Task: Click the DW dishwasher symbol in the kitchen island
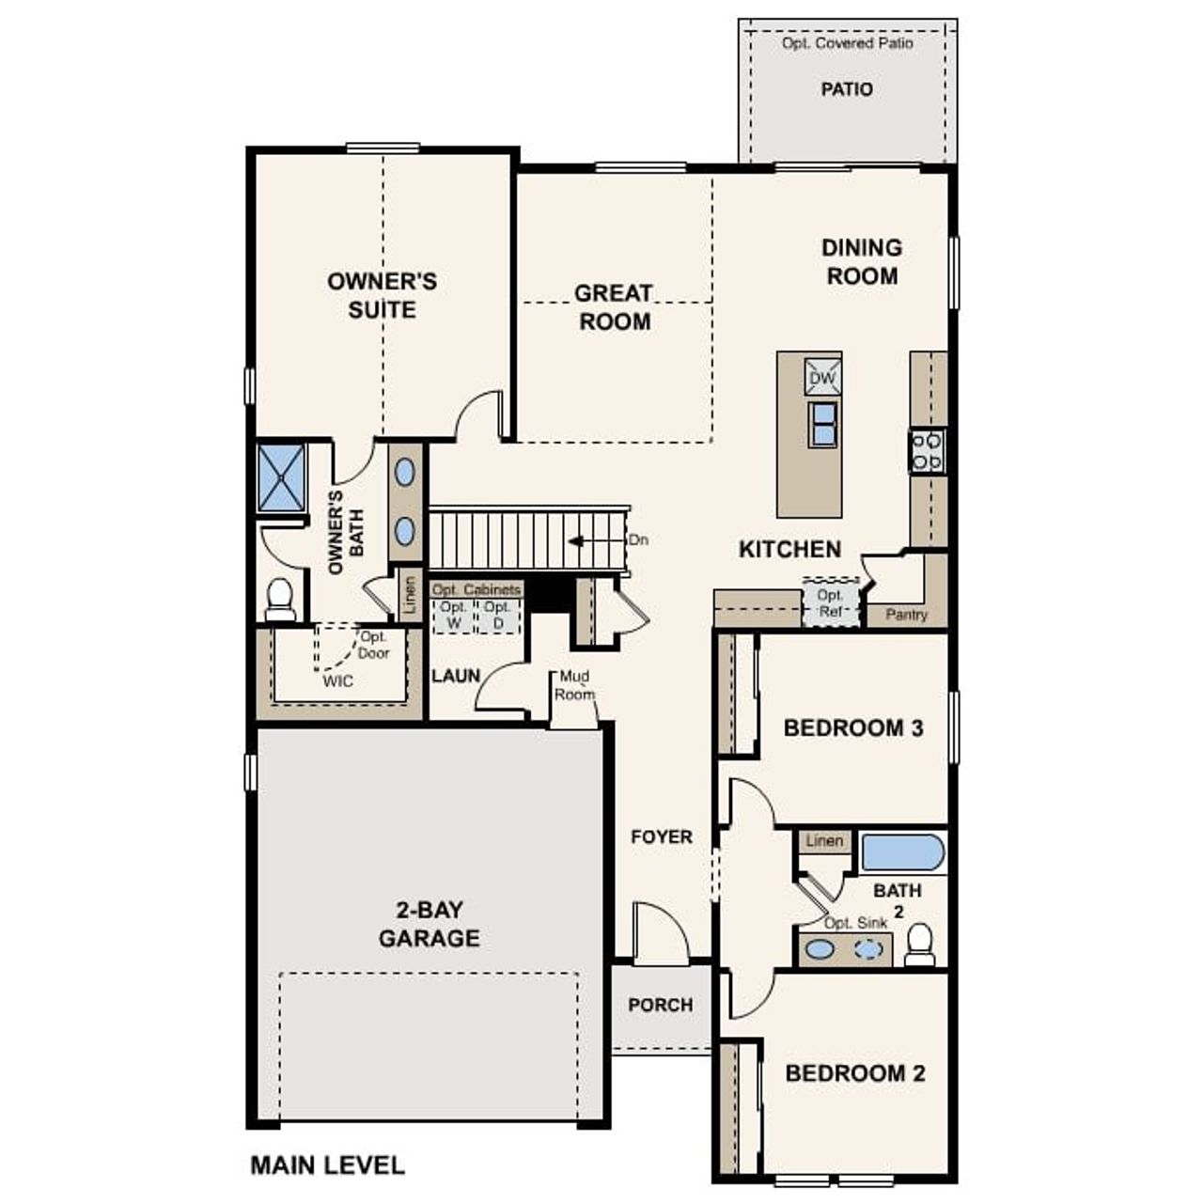pos(822,377)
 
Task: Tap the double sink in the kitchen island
pos(822,424)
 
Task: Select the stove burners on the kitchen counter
pos(927,450)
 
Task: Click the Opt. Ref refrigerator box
pos(831,602)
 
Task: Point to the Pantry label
pos(906,615)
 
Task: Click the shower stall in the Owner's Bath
pos(282,477)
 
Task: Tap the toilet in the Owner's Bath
pos(279,600)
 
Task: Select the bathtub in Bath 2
pos(902,853)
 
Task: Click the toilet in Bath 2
pos(919,944)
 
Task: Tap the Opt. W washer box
pos(454,616)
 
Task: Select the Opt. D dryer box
pos(498,616)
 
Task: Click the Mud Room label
pos(574,685)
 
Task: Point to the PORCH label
pos(661,1005)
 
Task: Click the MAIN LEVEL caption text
pos(327,1165)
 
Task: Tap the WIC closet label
pos(337,680)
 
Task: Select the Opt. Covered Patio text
pos(847,43)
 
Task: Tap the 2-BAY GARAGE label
pos(430,924)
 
